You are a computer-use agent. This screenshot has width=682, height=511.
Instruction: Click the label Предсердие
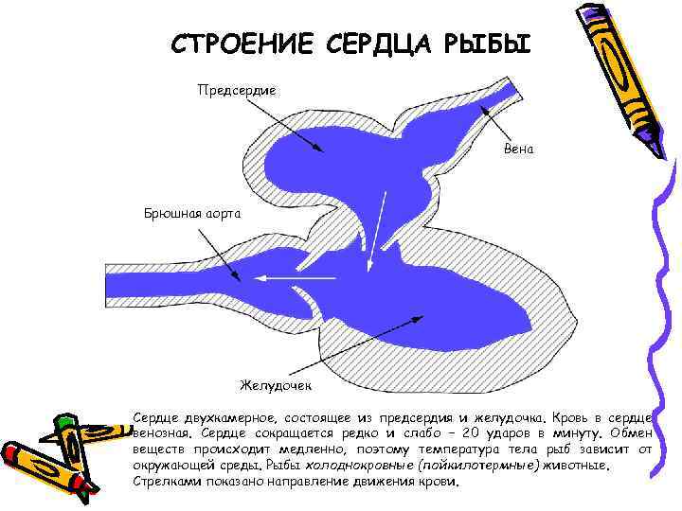pos(236,90)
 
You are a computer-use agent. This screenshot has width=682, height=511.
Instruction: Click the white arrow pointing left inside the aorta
pos(294,278)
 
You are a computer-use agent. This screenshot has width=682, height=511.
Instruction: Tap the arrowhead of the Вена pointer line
pos(483,107)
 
